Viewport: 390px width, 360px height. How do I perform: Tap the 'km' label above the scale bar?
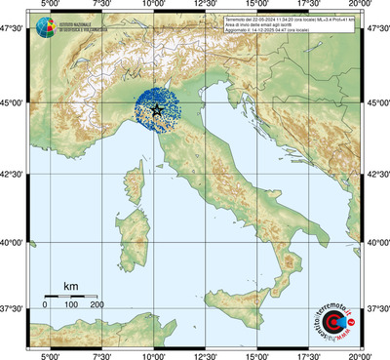tap(70, 286)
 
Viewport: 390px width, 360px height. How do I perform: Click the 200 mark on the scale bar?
tap(97, 305)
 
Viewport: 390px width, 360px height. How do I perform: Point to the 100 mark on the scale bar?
tap(71, 305)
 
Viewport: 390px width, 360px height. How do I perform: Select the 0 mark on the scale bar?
tap(45, 305)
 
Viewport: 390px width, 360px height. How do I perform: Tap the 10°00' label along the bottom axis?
tap(153, 354)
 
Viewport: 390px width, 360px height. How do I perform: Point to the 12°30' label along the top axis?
tap(206, 6)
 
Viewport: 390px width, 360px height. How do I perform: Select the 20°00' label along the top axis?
tap(362, 6)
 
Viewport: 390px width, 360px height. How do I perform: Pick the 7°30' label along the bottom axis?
tap(101, 354)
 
